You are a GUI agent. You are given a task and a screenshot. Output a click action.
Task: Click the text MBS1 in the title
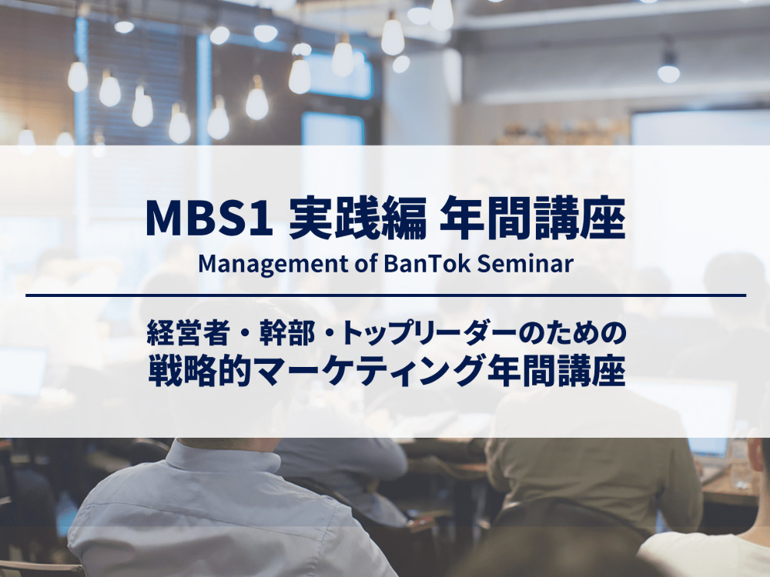click(x=209, y=218)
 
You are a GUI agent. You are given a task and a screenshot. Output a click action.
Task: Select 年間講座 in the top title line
click(x=532, y=218)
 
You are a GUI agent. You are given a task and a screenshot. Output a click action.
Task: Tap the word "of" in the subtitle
click(x=366, y=263)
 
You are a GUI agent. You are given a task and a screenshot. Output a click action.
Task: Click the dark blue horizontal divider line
click(x=386, y=295)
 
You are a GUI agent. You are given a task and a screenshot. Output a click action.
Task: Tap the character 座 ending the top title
click(x=603, y=218)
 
